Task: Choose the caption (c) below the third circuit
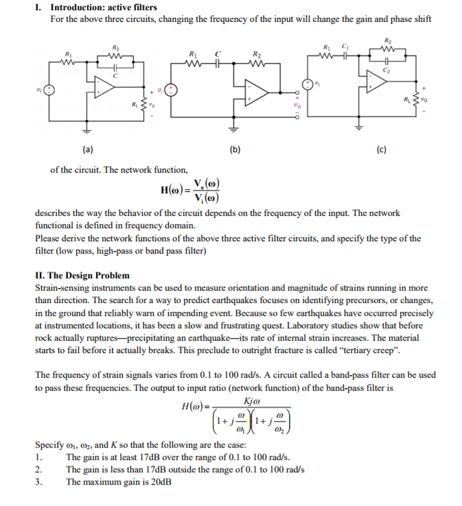(x=381, y=149)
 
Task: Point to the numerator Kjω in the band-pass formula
(x=251, y=401)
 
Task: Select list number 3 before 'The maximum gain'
(x=38, y=481)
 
